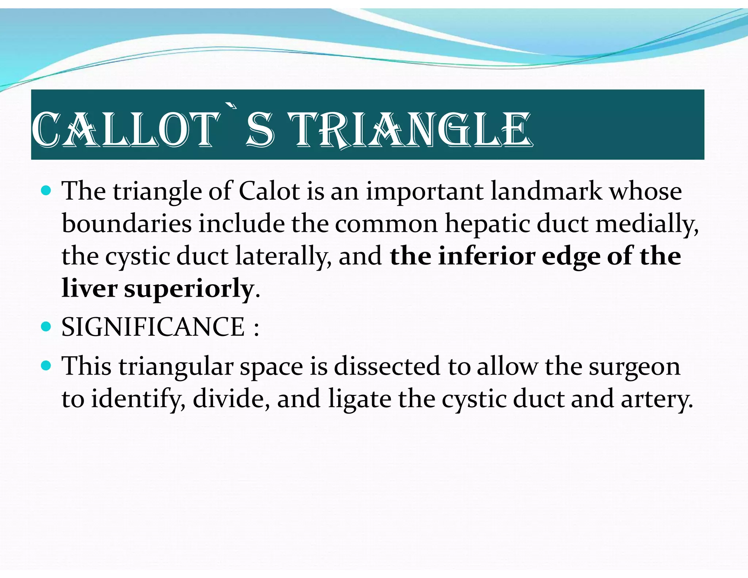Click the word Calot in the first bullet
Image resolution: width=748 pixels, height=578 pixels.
[269, 191]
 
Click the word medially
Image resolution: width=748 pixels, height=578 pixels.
[646, 224]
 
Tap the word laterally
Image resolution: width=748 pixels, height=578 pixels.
[283, 256]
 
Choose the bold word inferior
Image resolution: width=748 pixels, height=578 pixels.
[487, 256]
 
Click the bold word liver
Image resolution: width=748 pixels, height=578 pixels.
[89, 288]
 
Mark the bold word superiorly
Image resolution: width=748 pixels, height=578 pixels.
[189, 289]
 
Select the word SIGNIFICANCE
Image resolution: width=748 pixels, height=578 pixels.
[153, 327]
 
